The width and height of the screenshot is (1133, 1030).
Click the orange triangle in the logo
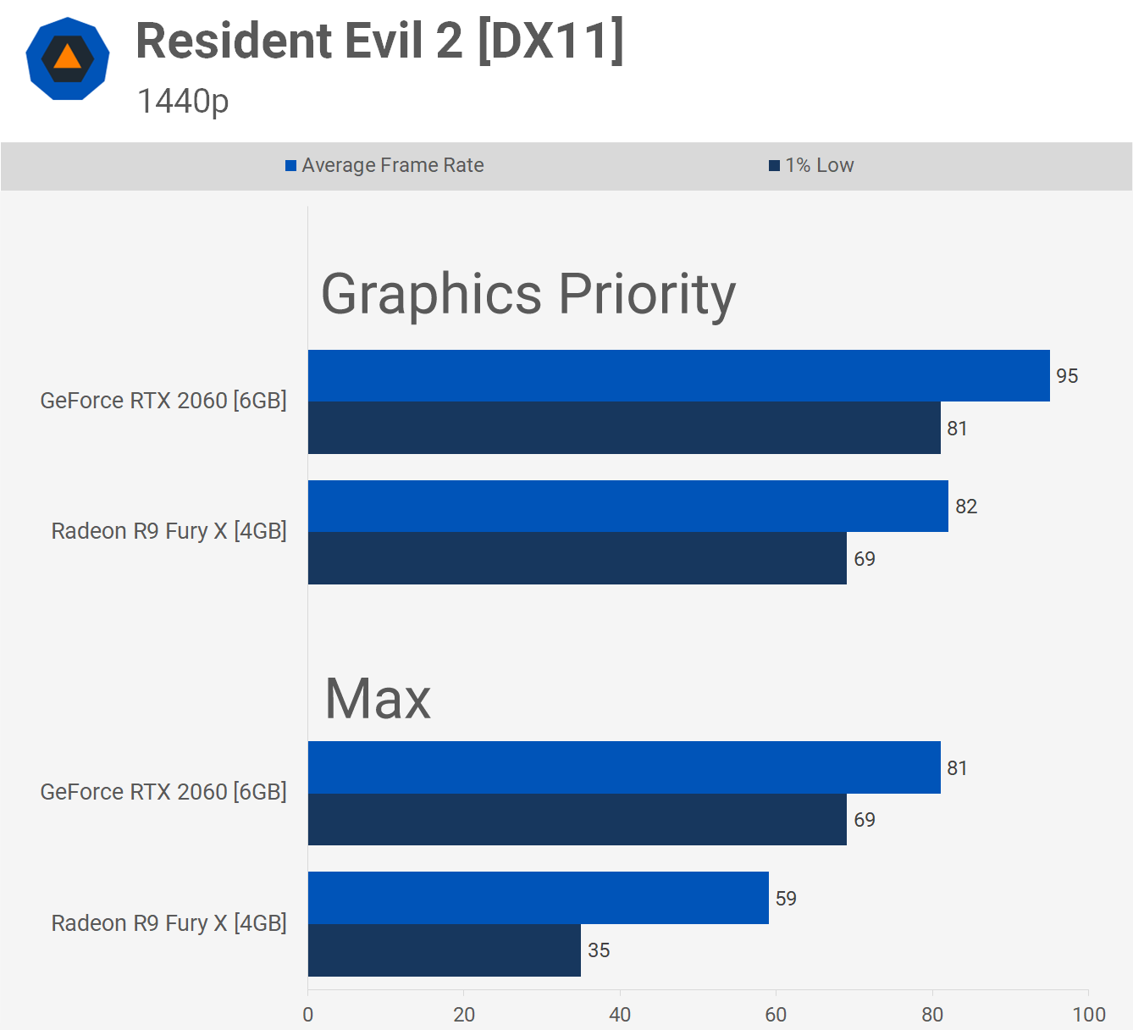[67, 58]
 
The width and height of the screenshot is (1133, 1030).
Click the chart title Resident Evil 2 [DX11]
[379, 41]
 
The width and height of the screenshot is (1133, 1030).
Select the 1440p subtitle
[183, 102]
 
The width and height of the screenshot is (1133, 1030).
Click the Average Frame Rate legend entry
[384, 165]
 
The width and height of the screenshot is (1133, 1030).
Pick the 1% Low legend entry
[811, 165]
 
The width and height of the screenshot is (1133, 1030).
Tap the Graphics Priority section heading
[528, 295]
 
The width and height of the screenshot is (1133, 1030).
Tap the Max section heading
[378, 700]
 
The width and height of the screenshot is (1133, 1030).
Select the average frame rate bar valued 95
[678, 375]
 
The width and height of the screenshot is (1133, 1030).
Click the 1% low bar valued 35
[444, 950]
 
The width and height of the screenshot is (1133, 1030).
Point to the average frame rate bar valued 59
[538, 898]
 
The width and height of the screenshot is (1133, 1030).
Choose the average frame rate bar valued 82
[627, 506]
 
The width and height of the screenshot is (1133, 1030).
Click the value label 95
[1067, 376]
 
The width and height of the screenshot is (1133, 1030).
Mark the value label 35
[599, 950]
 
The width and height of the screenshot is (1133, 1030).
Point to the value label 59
[786, 899]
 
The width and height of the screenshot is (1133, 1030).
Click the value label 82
[966, 507]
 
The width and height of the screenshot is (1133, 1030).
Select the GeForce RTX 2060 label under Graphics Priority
[163, 401]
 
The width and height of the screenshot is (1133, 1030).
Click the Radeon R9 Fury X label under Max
[169, 923]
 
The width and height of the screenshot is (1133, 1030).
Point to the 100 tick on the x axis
[1089, 1015]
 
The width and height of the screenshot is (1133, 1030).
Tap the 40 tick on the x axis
[620, 1015]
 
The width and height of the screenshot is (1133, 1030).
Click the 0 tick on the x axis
[308, 1015]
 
